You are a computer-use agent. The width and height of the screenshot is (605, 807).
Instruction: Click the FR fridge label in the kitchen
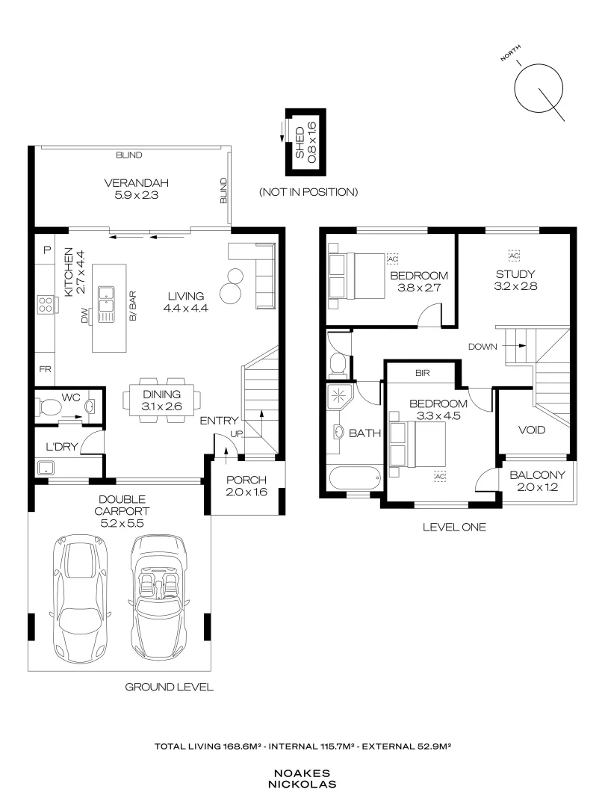coord(46,369)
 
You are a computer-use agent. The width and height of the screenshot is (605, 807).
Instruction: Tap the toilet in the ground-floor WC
coord(51,408)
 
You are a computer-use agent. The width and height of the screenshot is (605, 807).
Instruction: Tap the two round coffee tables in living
coord(233,282)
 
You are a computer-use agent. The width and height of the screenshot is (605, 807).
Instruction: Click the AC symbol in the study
coord(515,255)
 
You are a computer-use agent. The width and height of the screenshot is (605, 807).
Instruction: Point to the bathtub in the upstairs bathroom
coord(354,478)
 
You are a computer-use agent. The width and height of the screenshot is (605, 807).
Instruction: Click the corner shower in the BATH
coord(338,396)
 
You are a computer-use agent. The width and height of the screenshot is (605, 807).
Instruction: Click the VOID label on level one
coord(531,430)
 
